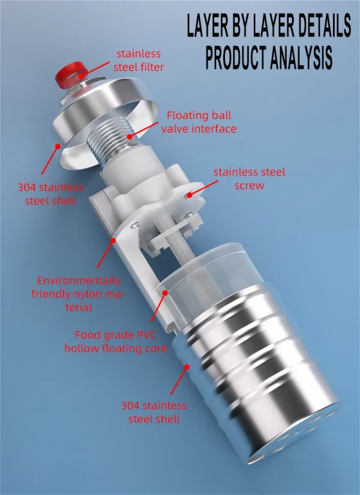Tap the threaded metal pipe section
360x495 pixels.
[x=110, y=140]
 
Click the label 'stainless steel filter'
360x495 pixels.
[x=139, y=60]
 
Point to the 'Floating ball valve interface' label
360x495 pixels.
[x=199, y=122]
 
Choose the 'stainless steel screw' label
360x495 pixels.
[x=249, y=179]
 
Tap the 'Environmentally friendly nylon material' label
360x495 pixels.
[x=78, y=294]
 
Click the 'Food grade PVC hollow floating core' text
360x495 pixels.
[x=116, y=341]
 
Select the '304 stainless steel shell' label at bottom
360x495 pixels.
[x=154, y=412]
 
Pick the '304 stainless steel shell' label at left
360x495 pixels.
[x=50, y=194]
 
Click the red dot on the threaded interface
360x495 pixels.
[x=130, y=136]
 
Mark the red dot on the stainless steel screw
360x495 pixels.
[x=189, y=195]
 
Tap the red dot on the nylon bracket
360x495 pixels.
[x=113, y=240]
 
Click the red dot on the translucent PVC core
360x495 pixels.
[x=165, y=293]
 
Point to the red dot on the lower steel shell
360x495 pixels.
[x=187, y=367]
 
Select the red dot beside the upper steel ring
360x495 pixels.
[x=58, y=146]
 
